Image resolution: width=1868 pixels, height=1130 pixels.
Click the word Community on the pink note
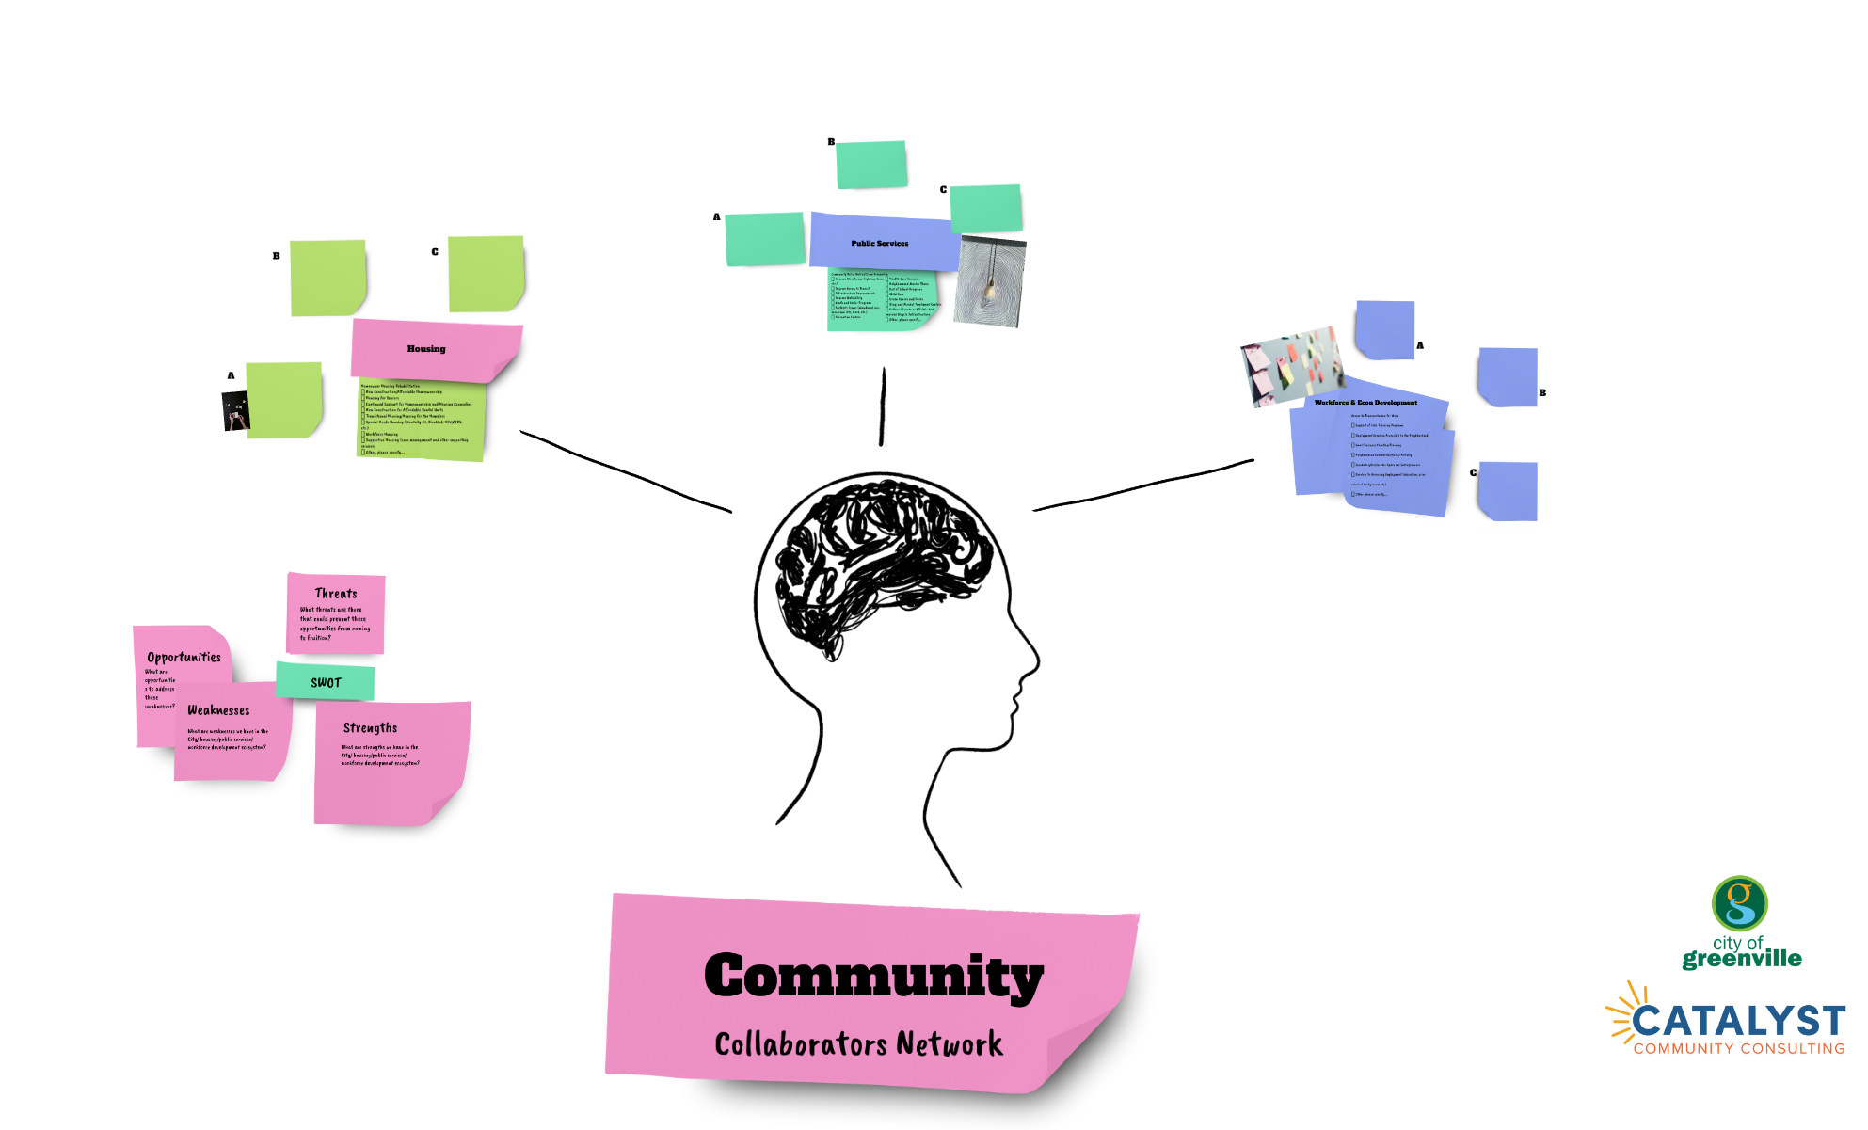[873, 976]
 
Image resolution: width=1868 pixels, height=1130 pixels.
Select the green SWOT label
[326, 682]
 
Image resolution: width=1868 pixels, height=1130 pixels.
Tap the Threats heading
[336, 594]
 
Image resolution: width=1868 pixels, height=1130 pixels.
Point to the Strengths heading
[370, 728]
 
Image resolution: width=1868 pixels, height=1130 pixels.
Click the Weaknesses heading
[218, 710]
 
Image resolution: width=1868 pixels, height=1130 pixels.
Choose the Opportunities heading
[184, 658]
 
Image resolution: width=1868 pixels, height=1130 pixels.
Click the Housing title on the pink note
[426, 349]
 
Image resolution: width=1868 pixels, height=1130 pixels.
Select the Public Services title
[879, 244]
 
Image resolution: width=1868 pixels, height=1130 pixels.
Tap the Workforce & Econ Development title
[1365, 403]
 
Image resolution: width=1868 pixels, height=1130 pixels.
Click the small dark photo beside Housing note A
[235, 411]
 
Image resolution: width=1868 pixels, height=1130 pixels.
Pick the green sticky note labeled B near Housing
[327, 278]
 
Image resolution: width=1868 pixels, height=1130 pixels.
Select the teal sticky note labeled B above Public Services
[871, 165]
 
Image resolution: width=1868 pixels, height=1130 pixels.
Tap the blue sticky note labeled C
[1508, 491]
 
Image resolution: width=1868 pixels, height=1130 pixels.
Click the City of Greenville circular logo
[1739, 903]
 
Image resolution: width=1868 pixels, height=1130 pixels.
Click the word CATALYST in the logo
[1738, 1022]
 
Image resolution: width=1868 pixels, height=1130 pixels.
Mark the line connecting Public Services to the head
[883, 406]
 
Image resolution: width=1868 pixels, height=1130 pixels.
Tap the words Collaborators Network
[858, 1044]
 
